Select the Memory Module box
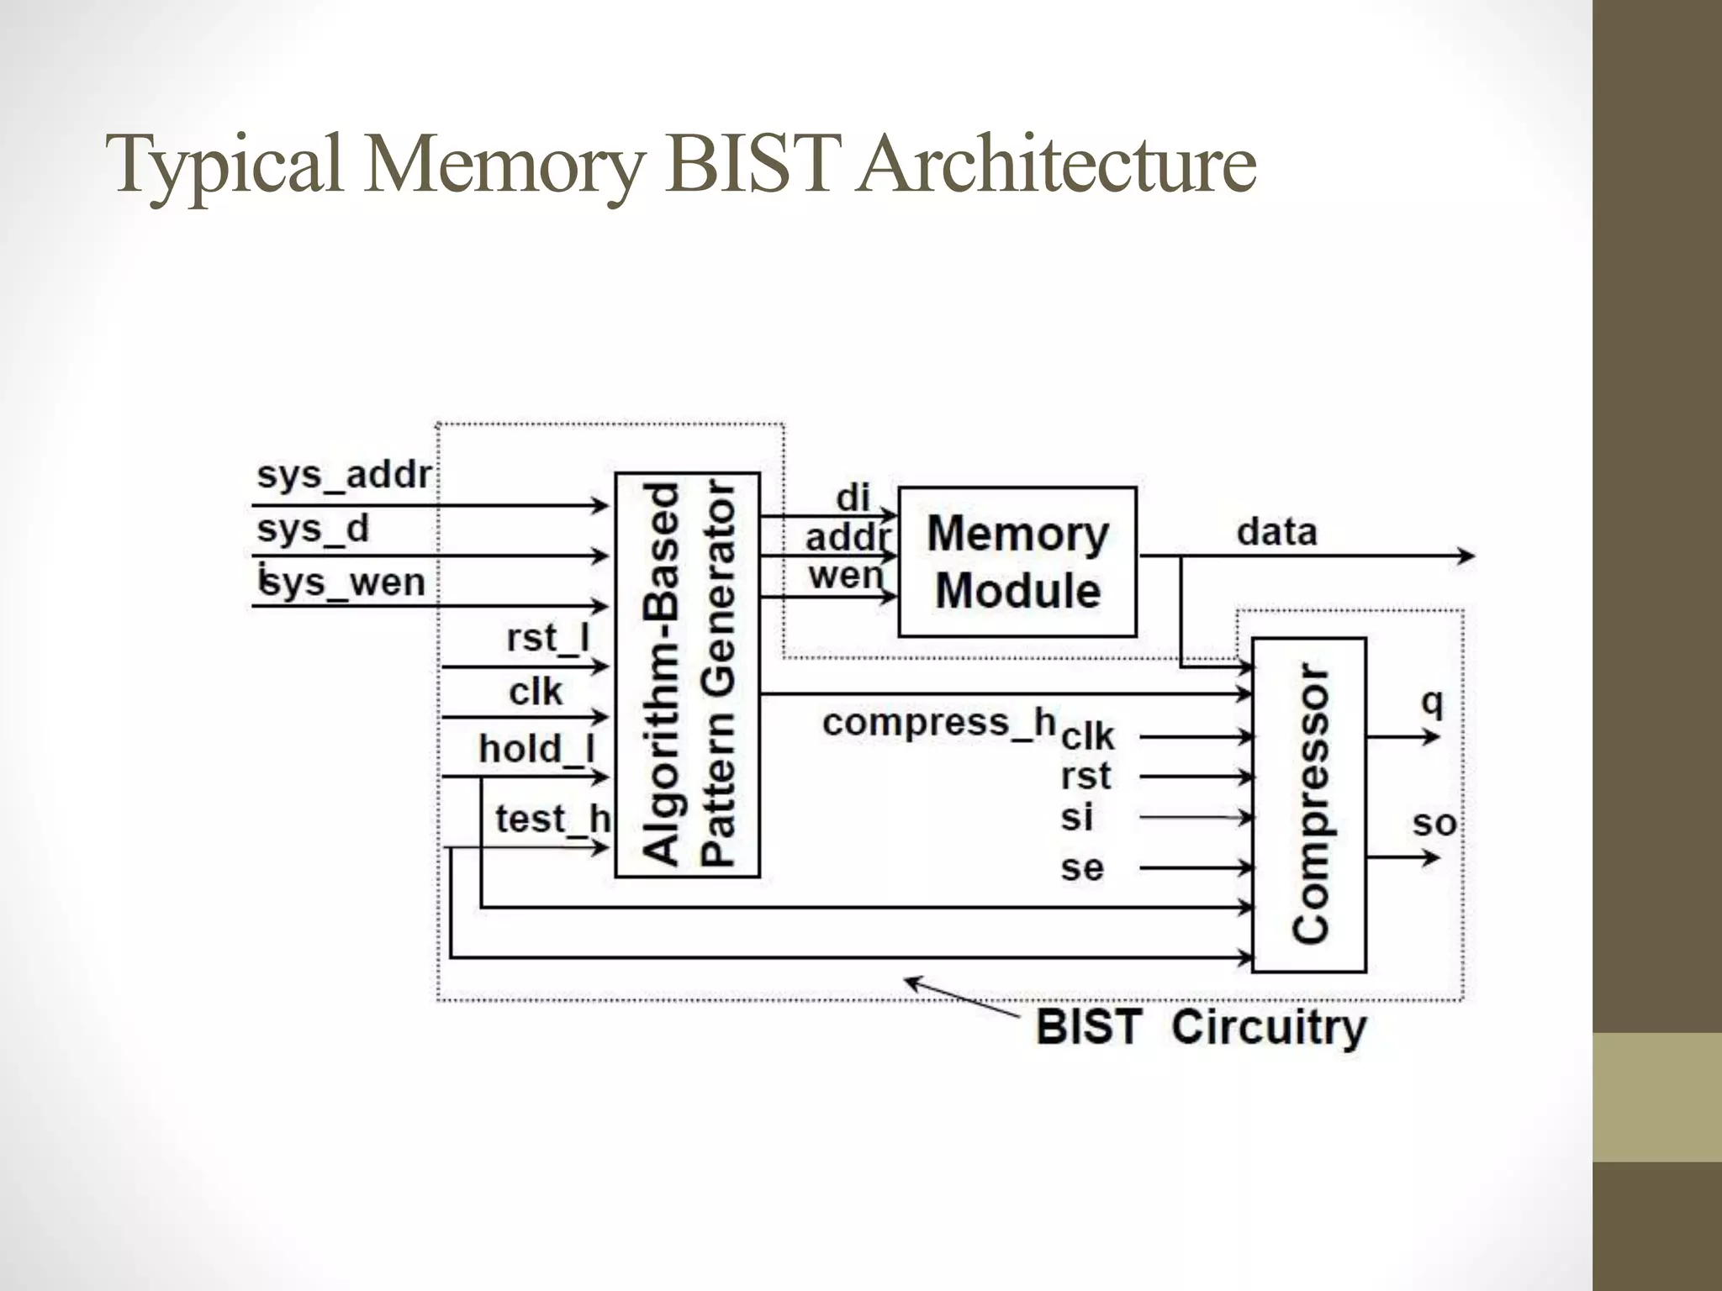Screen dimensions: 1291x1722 pyautogui.click(x=1017, y=561)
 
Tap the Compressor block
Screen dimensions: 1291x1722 pyautogui.click(x=1309, y=804)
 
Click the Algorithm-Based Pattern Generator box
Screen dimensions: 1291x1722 pyautogui.click(x=687, y=674)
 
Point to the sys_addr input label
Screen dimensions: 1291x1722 pyautogui.click(x=344, y=476)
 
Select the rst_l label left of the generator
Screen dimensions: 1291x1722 pyautogui.click(x=548, y=638)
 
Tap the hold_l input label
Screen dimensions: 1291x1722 pyautogui.click(x=536, y=748)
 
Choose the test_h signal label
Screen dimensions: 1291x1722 pyautogui.click(x=552, y=819)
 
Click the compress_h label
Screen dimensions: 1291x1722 pyautogui.click(x=938, y=722)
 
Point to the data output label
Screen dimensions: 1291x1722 pyautogui.click(x=1276, y=532)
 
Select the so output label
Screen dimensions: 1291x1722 pyautogui.click(x=1434, y=824)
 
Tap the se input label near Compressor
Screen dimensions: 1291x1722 pyautogui.click(x=1081, y=867)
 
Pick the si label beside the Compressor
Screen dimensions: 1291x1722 pyautogui.click(x=1076, y=817)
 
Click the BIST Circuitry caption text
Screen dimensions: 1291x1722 pyautogui.click(x=1201, y=1027)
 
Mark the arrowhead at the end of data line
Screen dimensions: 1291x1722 pyautogui.click(x=1466, y=556)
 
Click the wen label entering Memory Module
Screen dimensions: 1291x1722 pyautogui.click(x=846, y=577)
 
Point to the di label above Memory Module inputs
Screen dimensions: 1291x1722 pyautogui.click(x=853, y=498)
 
